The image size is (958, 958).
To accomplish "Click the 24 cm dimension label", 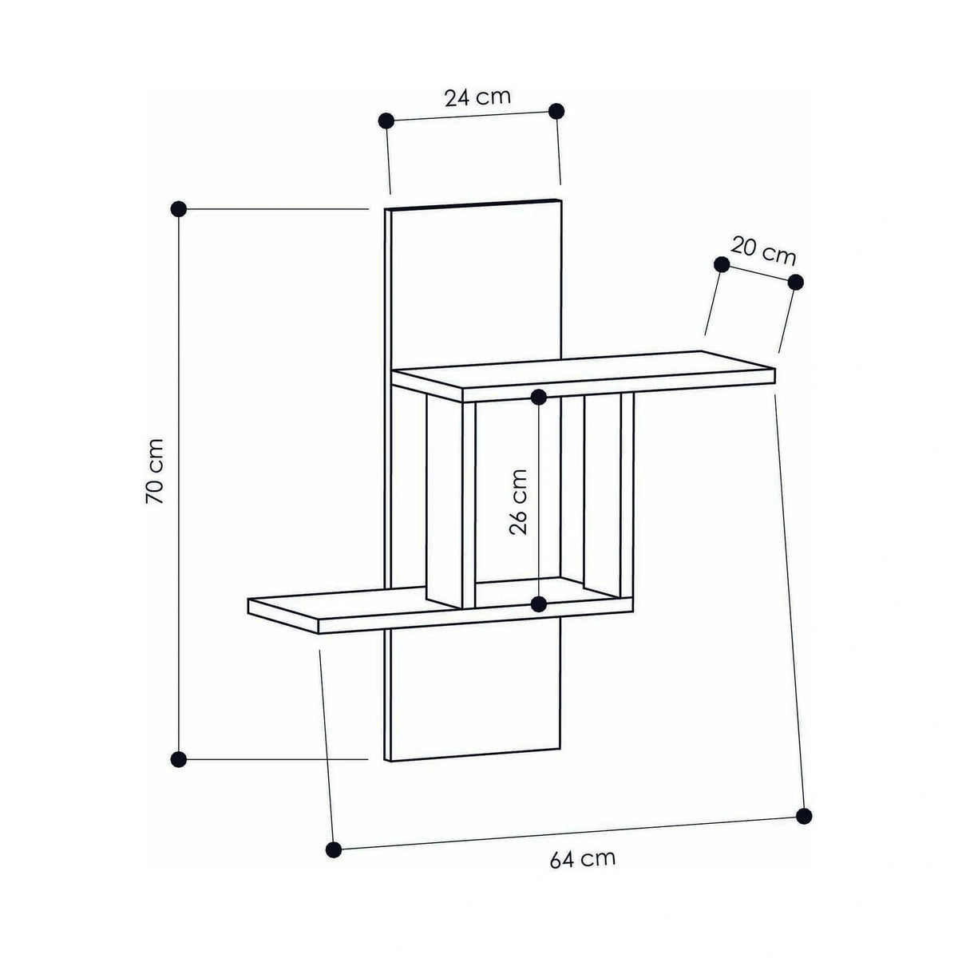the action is tap(477, 97).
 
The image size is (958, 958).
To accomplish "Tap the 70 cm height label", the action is tap(155, 471).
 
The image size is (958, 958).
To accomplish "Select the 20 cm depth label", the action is tap(763, 251).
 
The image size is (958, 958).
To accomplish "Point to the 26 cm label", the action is tap(518, 501).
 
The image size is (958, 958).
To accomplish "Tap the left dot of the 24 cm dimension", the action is tap(386, 121).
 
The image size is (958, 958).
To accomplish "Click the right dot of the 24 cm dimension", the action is tap(556, 111).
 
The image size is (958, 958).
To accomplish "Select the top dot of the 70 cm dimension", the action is tap(179, 209).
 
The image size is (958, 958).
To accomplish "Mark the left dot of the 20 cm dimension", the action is tap(722, 264).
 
